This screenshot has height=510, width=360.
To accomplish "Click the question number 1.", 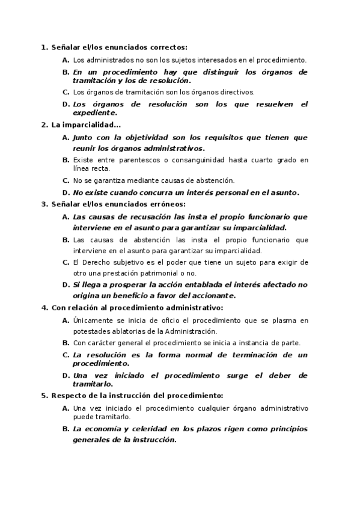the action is [43, 47].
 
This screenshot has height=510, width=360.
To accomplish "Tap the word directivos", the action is [237, 92].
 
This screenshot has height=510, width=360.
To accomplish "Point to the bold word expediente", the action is [94, 112].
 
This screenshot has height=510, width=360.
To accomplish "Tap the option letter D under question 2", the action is [66, 193].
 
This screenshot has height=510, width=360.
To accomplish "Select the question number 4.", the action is [43, 307].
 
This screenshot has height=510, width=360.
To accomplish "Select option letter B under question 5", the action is [66, 429].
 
